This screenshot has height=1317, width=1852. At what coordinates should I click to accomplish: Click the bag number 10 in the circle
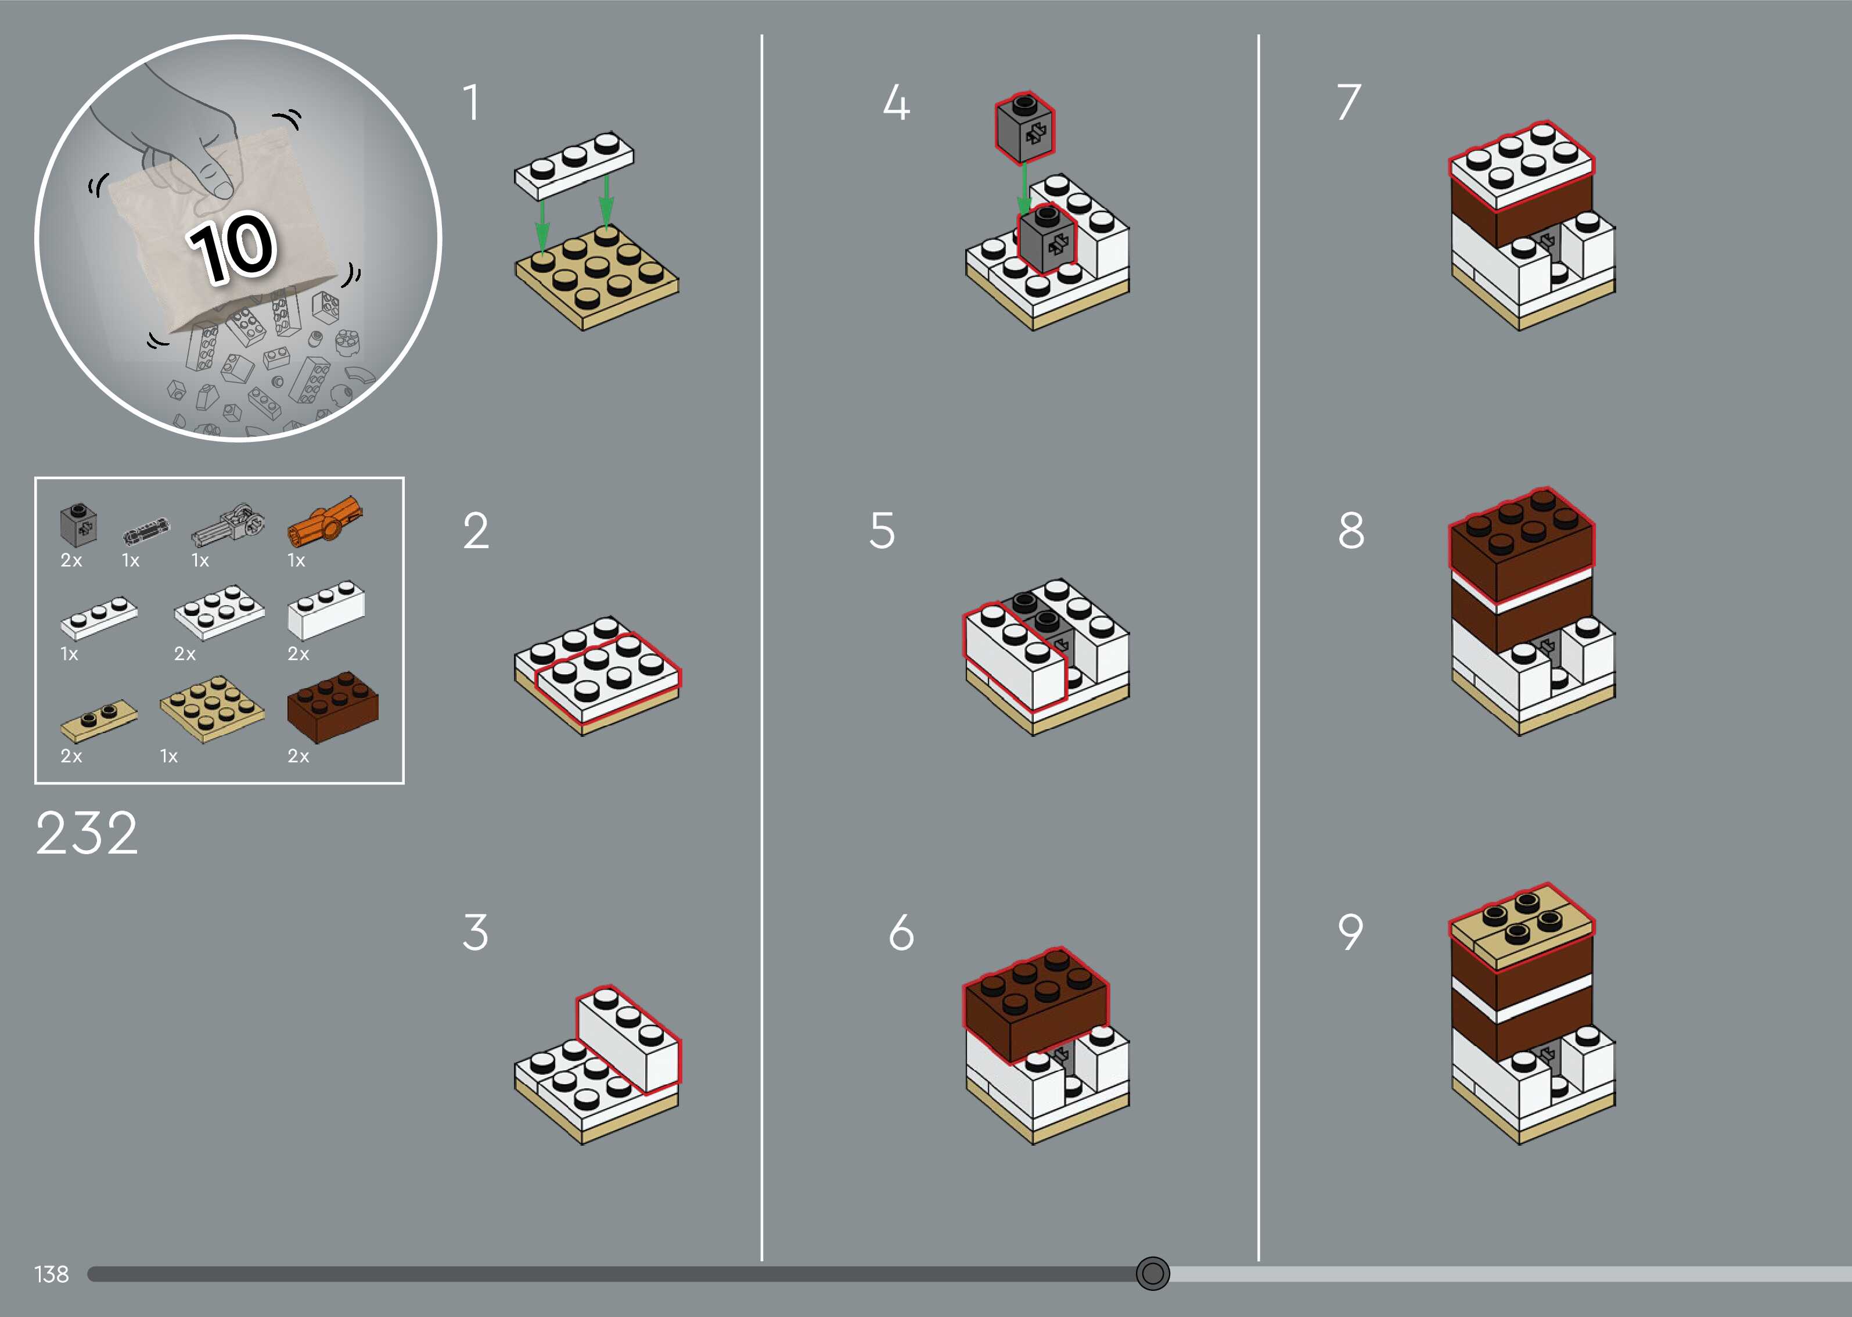click(x=232, y=247)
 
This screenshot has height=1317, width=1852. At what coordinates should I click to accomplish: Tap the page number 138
click(x=51, y=1274)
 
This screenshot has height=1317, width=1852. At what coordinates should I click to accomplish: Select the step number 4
click(x=896, y=103)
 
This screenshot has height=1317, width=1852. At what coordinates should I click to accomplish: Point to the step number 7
click(x=1348, y=102)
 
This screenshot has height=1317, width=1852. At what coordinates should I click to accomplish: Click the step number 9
click(x=1350, y=932)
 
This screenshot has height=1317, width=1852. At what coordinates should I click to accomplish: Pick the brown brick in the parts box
click(x=332, y=706)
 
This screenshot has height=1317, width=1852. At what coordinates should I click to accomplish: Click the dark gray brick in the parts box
click(x=78, y=526)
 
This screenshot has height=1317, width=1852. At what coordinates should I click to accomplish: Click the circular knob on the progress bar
click(x=1152, y=1273)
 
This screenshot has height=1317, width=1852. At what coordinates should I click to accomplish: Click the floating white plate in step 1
click(x=574, y=165)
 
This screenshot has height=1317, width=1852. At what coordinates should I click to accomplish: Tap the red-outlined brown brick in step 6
click(x=1035, y=1003)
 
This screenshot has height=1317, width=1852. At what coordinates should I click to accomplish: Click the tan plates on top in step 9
click(x=1521, y=926)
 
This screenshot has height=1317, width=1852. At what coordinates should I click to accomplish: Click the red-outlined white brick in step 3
click(x=629, y=1039)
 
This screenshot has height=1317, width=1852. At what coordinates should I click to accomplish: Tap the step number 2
click(x=476, y=531)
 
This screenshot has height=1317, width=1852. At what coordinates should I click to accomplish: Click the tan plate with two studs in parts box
click(x=99, y=720)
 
